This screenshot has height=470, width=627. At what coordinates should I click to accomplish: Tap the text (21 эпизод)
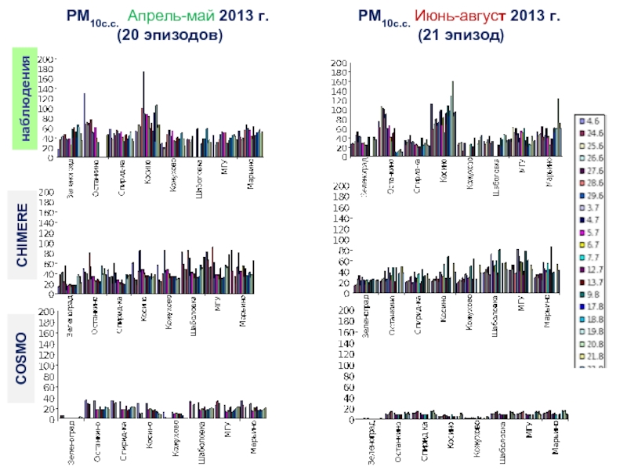click(460, 35)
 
